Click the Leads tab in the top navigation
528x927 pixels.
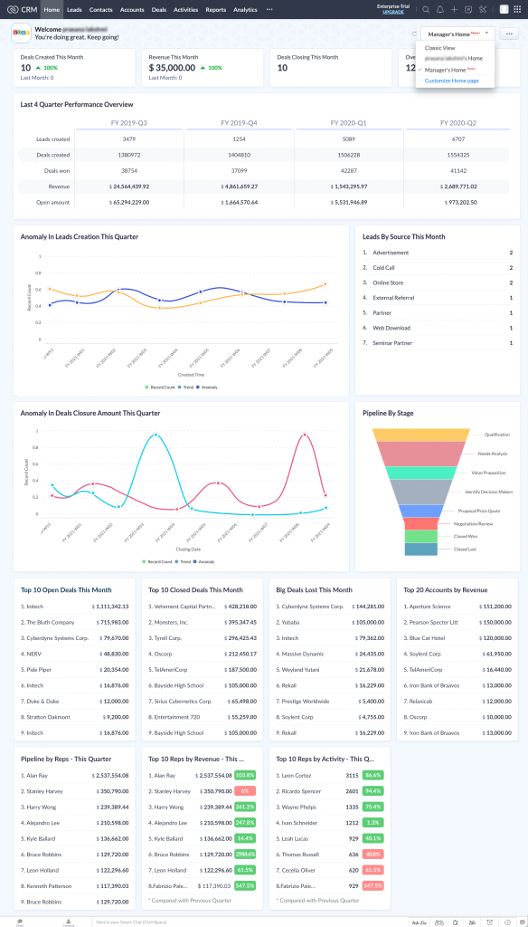pos(74,9)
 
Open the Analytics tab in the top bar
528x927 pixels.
pos(245,9)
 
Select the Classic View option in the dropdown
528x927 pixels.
pos(440,47)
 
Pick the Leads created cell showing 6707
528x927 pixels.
pos(458,139)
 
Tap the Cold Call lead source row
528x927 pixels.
pos(383,268)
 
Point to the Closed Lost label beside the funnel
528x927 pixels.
pos(465,549)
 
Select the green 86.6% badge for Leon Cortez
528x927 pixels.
pos(372,776)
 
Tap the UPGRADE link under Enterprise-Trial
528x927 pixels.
pos(392,13)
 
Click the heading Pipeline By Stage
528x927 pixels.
pos(388,413)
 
